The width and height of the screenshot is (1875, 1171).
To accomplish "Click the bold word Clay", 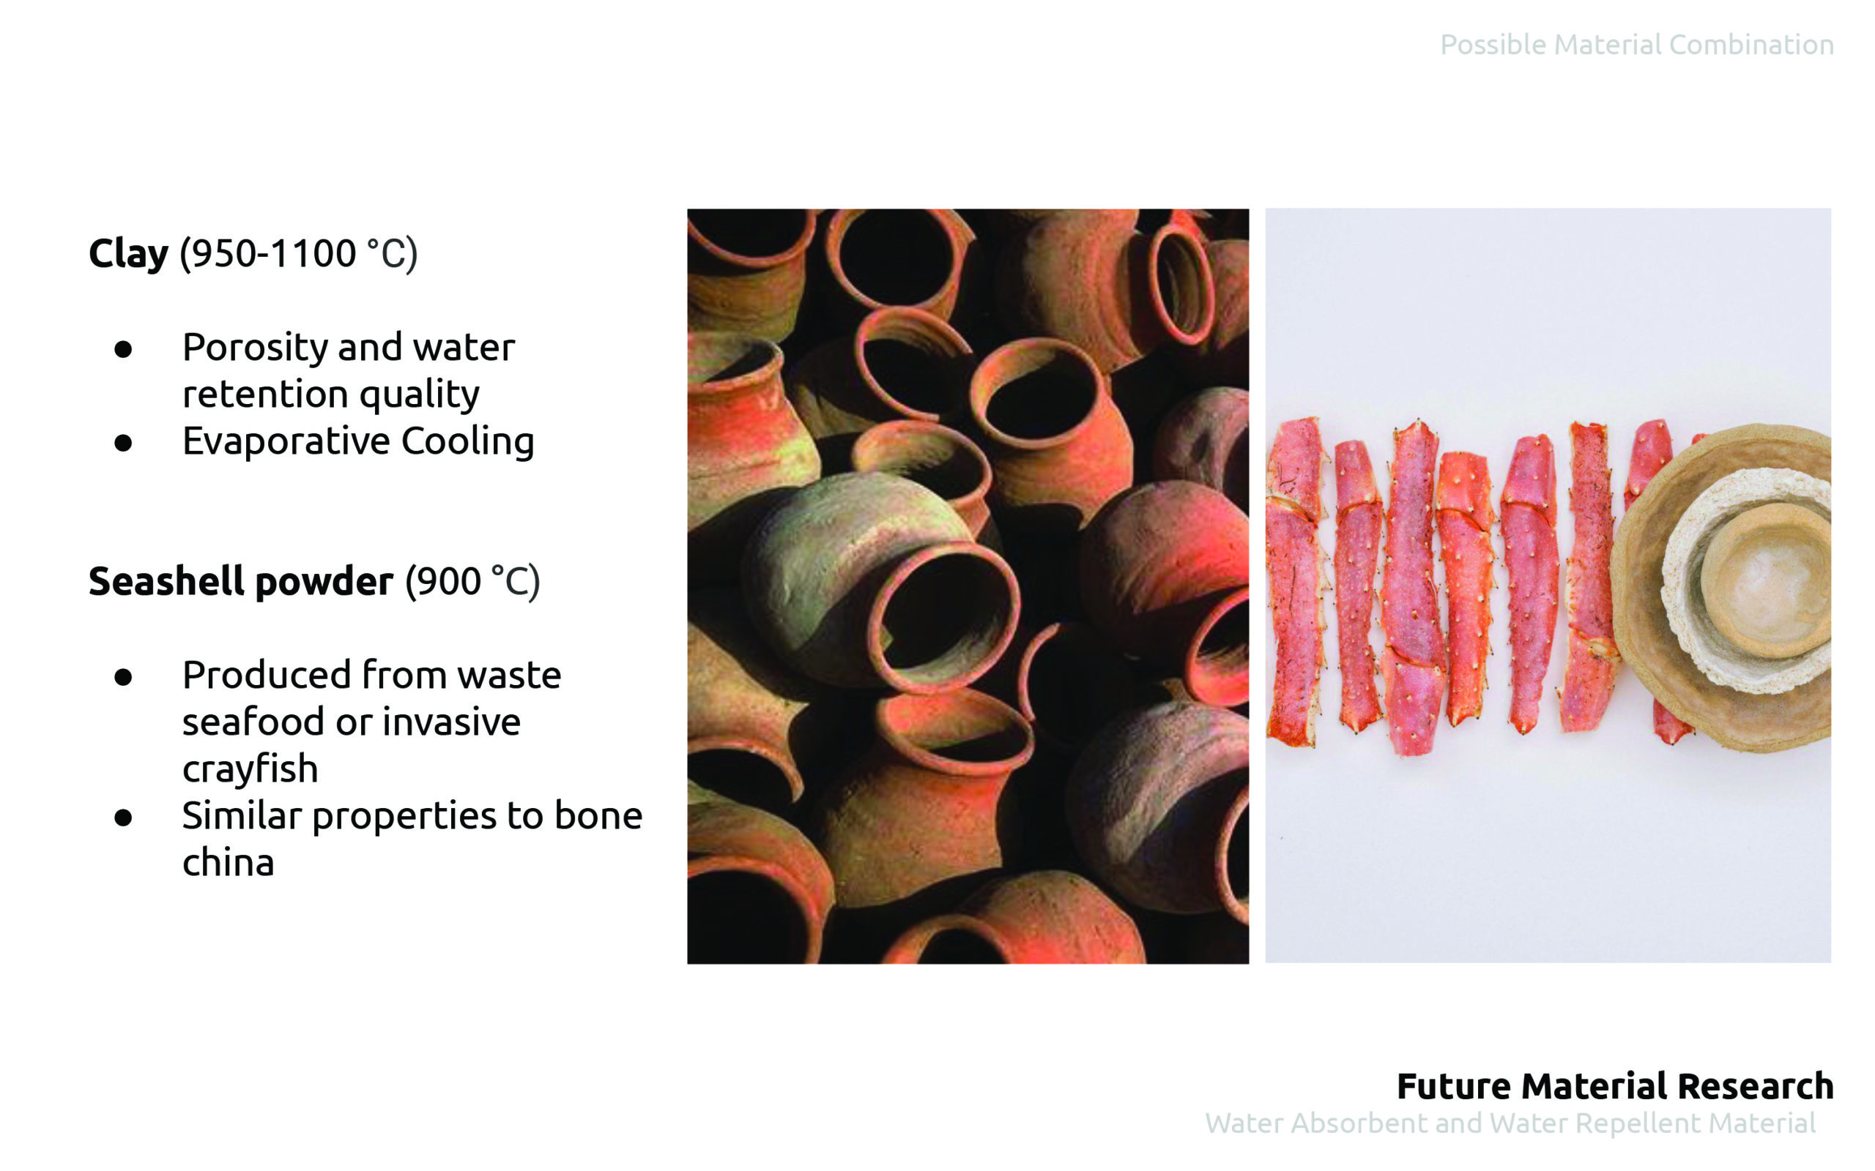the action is coord(128,254).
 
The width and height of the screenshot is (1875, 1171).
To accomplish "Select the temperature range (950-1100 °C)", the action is coord(298,254).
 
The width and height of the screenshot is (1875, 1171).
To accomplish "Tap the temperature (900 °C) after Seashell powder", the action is coord(472,582).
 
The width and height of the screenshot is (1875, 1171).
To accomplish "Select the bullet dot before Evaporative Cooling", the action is coord(122,443).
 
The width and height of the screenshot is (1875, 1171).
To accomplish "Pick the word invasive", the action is coord(451,722).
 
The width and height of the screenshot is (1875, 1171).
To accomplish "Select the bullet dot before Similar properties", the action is coord(122,818).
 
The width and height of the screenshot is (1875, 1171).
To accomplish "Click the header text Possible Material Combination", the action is coord(1636,45).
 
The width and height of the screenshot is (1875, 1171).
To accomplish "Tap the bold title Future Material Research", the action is coord(1615,1086).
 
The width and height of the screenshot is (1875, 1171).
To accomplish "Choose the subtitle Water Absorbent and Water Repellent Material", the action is coord(1510,1123).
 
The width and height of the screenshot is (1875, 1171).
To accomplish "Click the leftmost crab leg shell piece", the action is coord(1294,581).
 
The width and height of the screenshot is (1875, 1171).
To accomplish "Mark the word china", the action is coord(228,863).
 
